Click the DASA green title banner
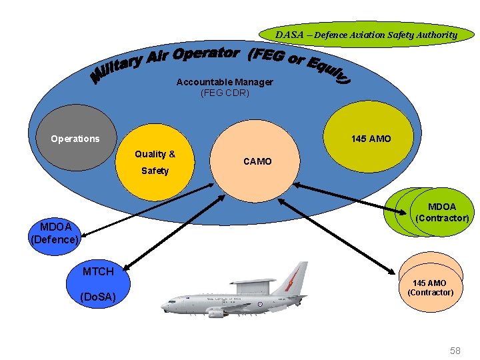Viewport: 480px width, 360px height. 367,35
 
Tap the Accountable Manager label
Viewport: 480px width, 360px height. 225,82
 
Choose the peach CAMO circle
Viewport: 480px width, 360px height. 257,161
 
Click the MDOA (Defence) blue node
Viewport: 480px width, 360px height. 55,232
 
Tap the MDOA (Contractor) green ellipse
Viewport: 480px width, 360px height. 442,212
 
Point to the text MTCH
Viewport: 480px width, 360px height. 98,271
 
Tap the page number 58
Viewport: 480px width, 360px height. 455,350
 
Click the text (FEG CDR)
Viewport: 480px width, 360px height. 225,93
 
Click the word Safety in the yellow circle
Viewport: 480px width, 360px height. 155,171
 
